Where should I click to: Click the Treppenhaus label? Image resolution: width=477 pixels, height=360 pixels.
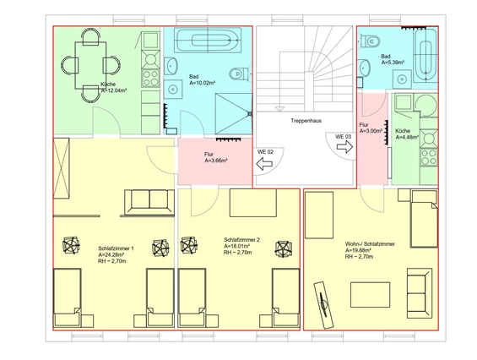(x=306, y=121)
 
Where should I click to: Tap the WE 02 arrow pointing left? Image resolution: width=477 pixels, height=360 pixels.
(x=264, y=164)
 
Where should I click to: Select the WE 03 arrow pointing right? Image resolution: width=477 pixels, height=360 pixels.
(x=344, y=147)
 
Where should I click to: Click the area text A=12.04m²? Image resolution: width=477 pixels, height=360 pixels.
(x=114, y=90)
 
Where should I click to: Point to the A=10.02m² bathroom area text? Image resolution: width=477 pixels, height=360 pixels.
(x=203, y=83)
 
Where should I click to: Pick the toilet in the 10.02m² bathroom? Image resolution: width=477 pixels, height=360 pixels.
(x=239, y=74)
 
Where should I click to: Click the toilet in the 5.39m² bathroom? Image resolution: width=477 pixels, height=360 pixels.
(x=371, y=41)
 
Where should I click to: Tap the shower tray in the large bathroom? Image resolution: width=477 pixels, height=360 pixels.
(x=234, y=113)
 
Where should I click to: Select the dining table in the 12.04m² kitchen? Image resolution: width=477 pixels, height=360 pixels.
(x=90, y=65)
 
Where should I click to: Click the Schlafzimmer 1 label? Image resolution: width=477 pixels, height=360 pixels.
(x=116, y=248)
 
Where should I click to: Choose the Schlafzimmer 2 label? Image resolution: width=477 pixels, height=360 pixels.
(x=241, y=240)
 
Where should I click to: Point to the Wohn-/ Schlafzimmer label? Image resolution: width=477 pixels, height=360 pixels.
(x=370, y=244)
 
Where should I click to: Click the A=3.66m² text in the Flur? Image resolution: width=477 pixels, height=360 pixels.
(x=216, y=161)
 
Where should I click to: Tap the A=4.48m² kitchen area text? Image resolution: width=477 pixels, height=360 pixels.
(x=407, y=138)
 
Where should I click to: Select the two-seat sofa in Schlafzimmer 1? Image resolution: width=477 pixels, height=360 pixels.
(x=149, y=203)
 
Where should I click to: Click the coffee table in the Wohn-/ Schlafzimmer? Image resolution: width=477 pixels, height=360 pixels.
(x=370, y=295)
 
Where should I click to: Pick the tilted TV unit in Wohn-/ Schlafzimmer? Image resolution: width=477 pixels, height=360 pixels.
(x=323, y=304)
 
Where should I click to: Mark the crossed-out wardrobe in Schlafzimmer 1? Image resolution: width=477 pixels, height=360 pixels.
(x=61, y=168)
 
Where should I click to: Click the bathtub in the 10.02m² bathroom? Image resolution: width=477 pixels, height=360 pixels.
(x=208, y=40)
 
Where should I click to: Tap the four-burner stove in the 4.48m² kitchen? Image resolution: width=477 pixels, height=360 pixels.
(x=429, y=156)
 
